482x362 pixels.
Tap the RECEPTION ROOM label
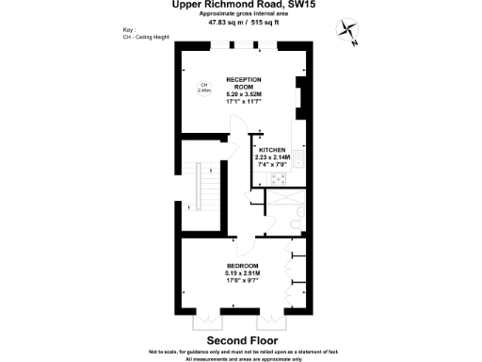pos(243,84)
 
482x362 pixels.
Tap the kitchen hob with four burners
pos(280,177)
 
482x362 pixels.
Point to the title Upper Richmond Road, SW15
pos(243,5)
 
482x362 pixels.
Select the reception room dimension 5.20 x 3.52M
pos(243,95)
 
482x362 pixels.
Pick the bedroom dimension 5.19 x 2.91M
pos(243,274)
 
